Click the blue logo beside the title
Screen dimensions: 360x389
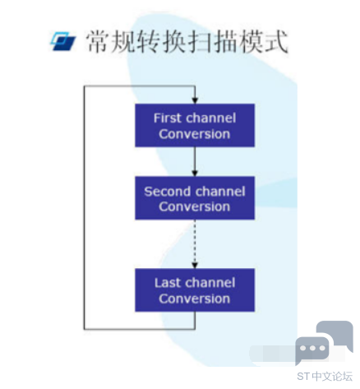[63, 41]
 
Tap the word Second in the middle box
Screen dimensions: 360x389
[164, 192]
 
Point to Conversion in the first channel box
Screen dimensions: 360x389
[195, 134]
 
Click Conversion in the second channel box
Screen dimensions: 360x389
[195, 206]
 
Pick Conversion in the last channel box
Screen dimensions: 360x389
[195, 299]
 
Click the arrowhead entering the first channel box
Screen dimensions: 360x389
[195, 100]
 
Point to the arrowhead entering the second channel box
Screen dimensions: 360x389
[195, 174]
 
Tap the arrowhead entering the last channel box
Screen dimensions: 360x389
[195, 266]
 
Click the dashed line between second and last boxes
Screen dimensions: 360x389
[195, 241]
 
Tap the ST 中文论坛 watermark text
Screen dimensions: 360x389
[325, 377]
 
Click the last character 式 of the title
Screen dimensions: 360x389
[276, 42]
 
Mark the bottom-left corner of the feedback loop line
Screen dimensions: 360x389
[84, 329]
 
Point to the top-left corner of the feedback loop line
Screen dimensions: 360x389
[84, 86]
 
